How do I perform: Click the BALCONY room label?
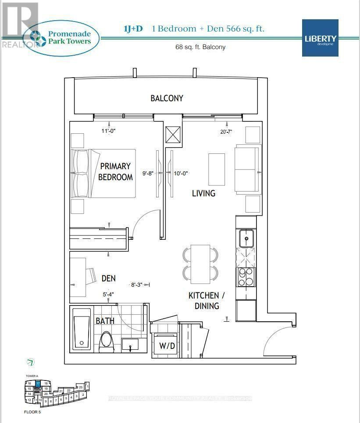167,98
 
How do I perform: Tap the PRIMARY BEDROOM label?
115,171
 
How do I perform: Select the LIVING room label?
203,193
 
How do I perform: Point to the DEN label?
108,278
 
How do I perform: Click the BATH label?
105,321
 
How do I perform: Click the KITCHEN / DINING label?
204,301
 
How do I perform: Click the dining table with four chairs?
200,264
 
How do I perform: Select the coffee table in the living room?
217,169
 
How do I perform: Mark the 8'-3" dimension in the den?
138,284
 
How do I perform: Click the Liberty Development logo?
320,38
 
